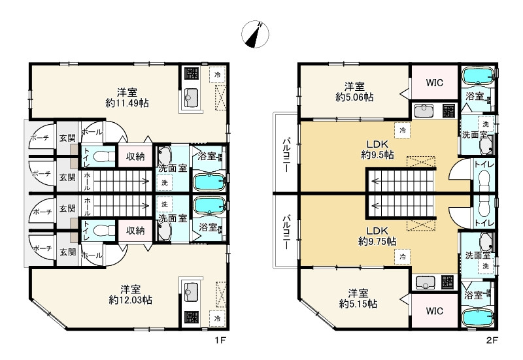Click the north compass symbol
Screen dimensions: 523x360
(x=255, y=34)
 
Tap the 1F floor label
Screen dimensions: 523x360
(x=220, y=340)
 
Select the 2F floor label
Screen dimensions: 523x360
(x=492, y=340)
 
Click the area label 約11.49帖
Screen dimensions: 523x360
(x=127, y=103)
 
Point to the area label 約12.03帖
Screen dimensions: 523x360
(x=130, y=300)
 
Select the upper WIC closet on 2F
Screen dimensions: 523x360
(x=434, y=82)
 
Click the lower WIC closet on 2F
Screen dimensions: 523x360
(x=434, y=310)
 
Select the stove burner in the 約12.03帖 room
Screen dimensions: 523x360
(x=192, y=318)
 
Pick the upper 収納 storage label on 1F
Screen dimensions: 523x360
(x=135, y=156)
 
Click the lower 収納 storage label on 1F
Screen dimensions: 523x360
(x=135, y=231)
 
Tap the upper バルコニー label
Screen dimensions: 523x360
(x=286, y=154)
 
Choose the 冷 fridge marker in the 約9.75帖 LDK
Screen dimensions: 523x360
(x=403, y=257)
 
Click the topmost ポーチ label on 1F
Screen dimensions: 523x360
(x=40, y=138)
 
